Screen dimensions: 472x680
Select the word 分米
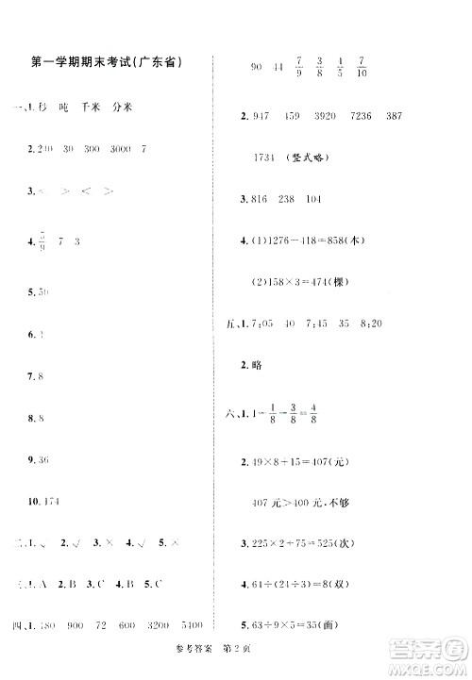coord(123,108)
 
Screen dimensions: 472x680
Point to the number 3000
coord(120,148)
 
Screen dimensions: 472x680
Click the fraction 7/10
coord(362,68)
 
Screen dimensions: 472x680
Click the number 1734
coord(269,158)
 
